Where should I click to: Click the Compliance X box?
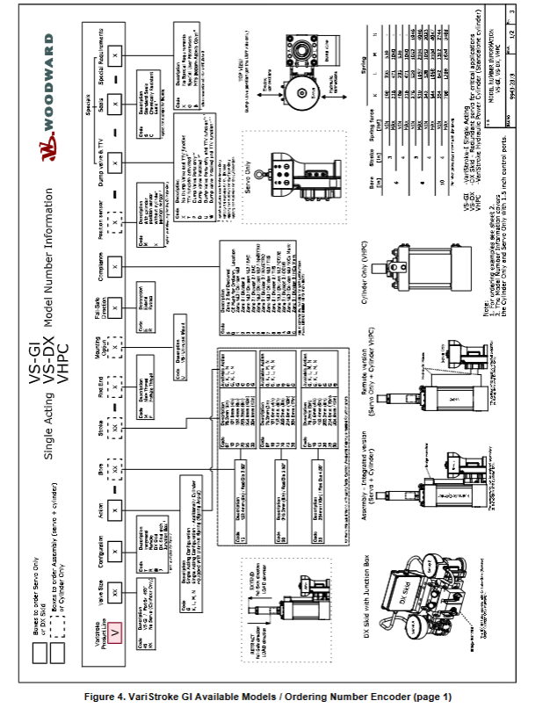[116, 264]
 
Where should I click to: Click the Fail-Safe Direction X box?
[116, 317]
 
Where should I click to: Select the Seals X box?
[115, 89]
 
